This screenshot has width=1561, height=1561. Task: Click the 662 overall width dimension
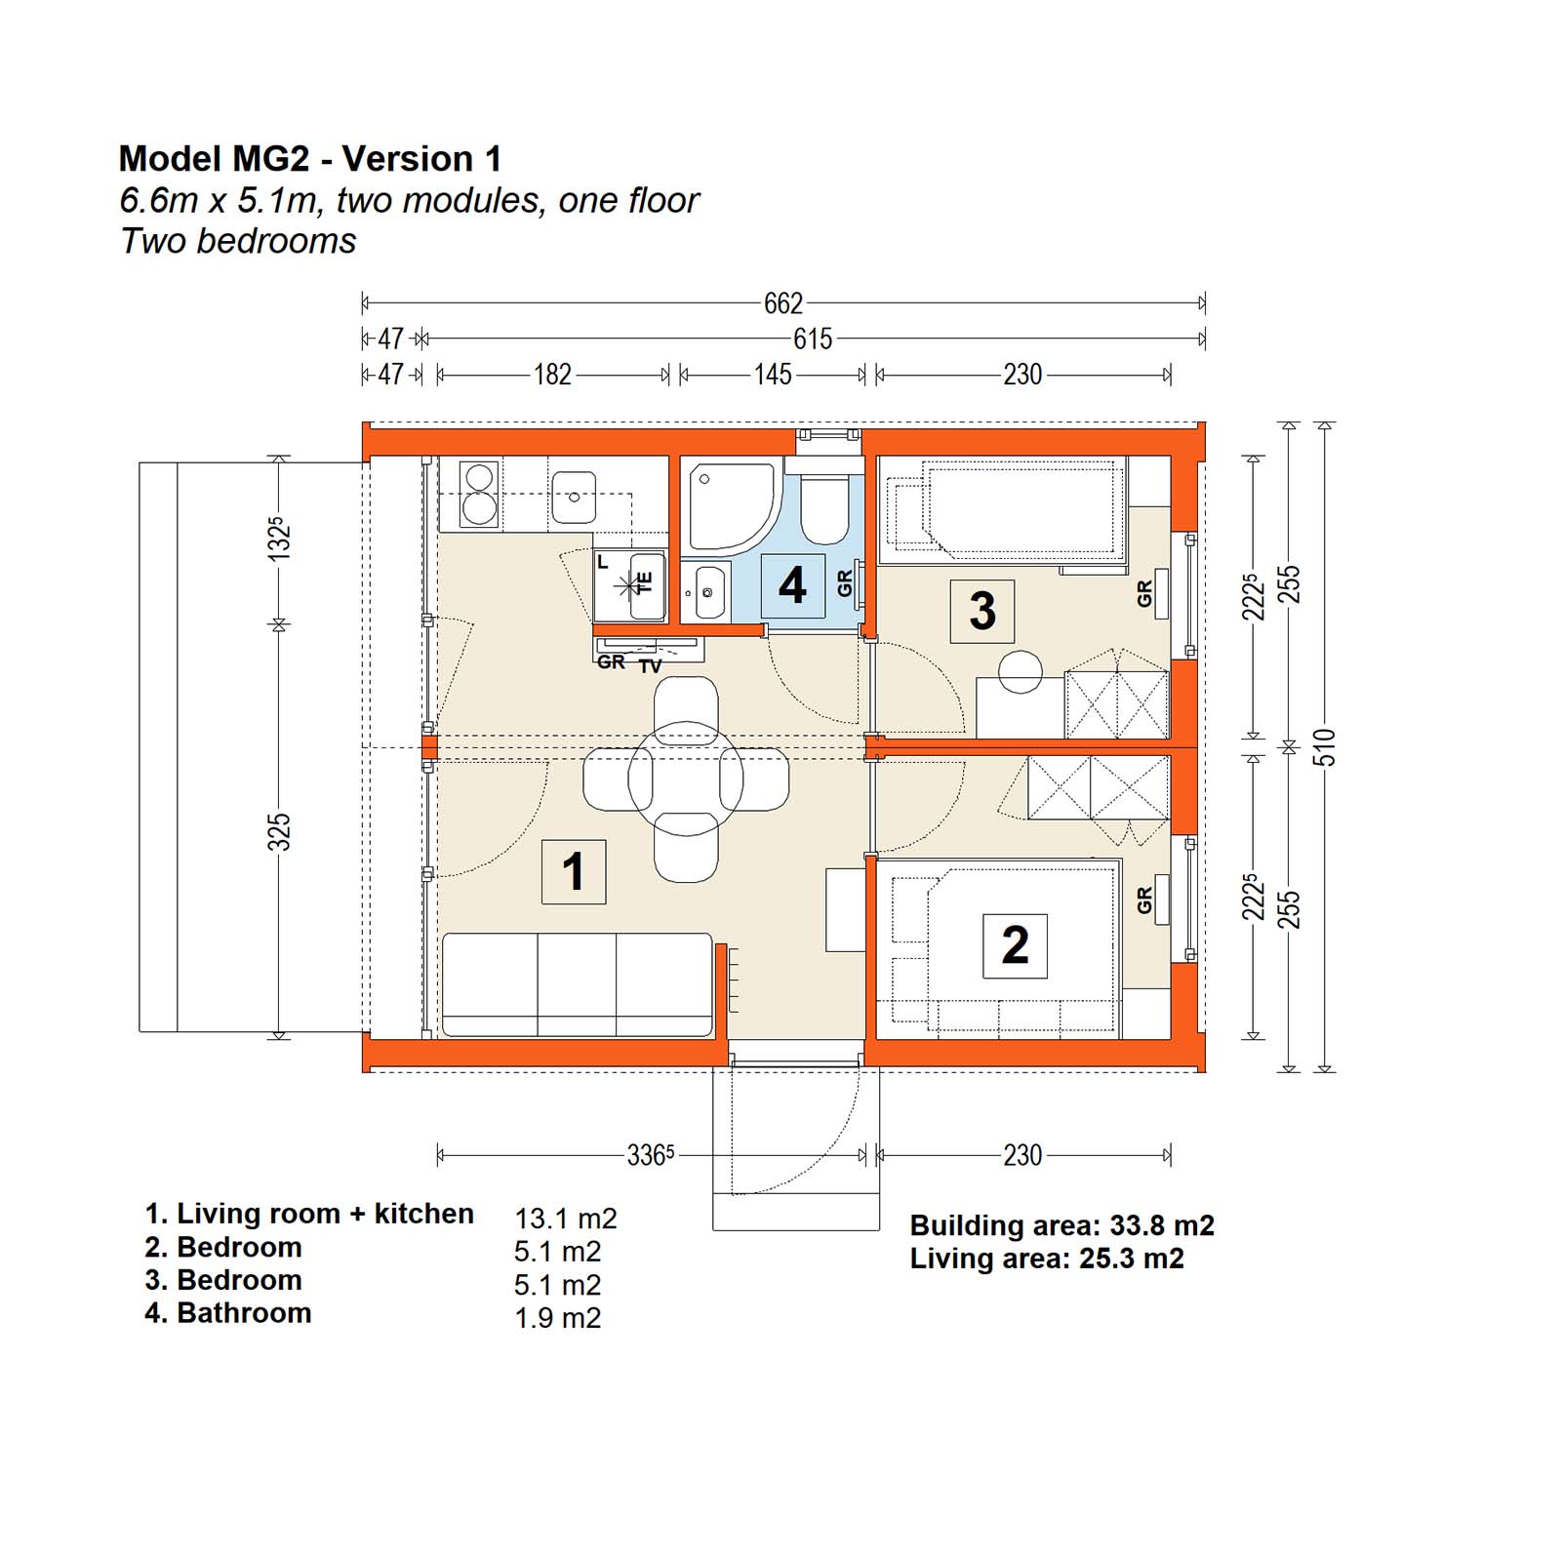(783, 303)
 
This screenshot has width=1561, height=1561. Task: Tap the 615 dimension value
(813, 339)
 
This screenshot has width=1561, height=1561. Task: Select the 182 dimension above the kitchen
(552, 375)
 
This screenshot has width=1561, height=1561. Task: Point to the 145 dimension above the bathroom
(773, 375)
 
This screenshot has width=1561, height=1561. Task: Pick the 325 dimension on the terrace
(279, 832)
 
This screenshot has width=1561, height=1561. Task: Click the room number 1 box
(574, 871)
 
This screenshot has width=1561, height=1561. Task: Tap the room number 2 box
(1015, 945)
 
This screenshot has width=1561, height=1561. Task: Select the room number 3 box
(982, 612)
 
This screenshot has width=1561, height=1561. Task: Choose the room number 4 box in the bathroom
(792, 585)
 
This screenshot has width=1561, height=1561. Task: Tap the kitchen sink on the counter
(575, 497)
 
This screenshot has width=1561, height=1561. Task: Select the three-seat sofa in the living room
(578, 984)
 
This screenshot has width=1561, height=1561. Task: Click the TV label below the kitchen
(650, 666)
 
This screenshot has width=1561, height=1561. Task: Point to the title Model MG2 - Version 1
(310, 158)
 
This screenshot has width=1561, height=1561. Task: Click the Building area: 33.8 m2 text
(1062, 1225)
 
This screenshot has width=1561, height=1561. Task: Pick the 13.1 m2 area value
(566, 1219)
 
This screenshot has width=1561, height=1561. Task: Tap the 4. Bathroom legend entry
(228, 1313)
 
